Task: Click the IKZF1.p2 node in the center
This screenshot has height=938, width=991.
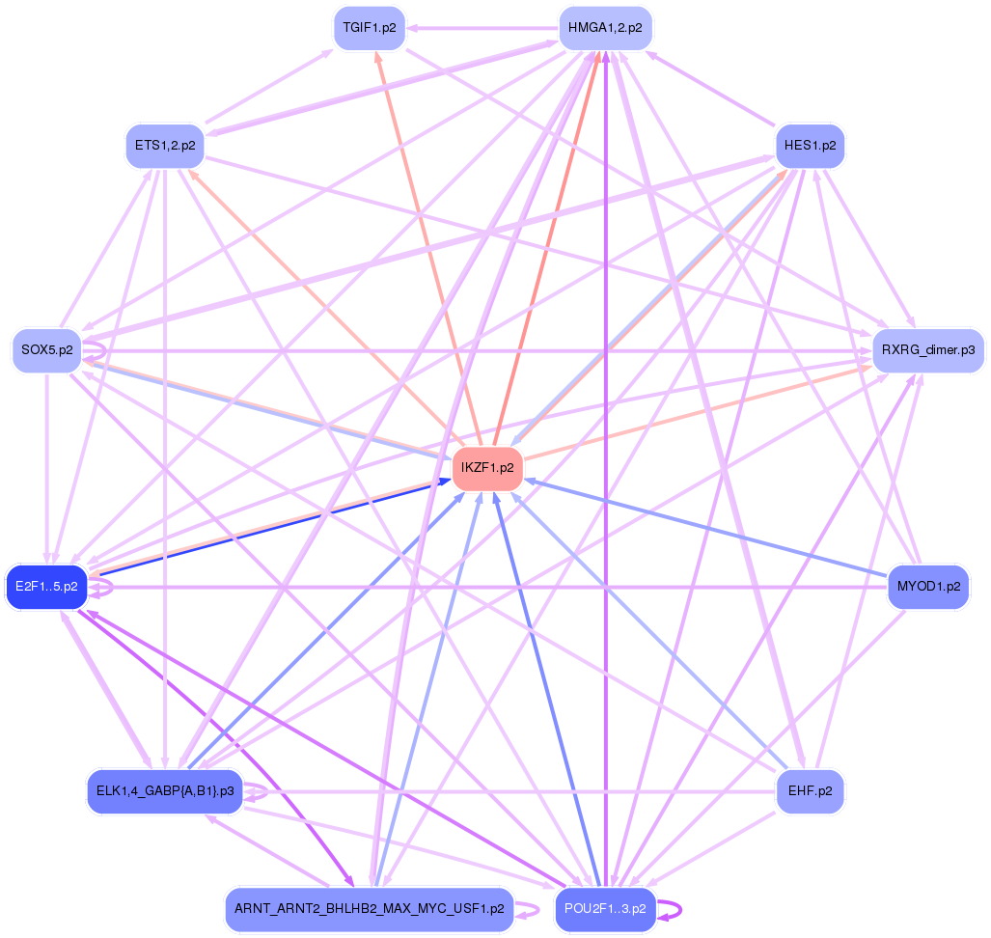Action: coord(487,468)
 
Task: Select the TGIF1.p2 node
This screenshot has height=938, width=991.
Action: coord(369,27)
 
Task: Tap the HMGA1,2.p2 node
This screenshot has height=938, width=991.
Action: coord(606,27)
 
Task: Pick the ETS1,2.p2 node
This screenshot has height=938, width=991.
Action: coord(165,146)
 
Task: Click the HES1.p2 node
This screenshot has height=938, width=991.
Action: coord(810,146)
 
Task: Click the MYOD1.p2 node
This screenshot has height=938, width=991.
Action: coord(928,586)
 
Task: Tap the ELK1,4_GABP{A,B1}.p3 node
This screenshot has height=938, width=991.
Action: coord(165,790)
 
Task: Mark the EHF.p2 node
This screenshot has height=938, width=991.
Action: coord(810,790)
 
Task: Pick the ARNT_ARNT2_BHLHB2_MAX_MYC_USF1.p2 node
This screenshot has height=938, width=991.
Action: coord(369,909)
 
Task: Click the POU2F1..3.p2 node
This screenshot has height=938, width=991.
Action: coord(606,909)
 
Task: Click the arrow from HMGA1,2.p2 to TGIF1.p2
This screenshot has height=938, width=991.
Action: coord(482,28)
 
